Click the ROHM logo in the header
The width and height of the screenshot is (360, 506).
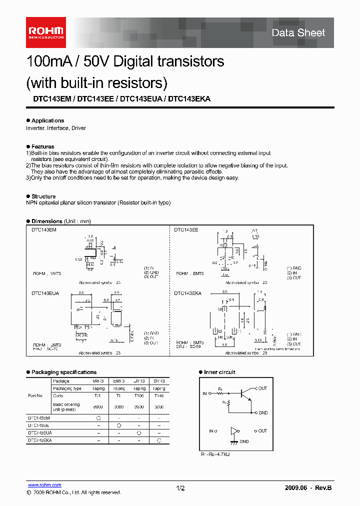45,32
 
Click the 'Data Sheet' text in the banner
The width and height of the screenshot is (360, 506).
298,33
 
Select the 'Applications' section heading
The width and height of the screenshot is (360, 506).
47,120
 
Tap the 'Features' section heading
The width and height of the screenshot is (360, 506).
42,146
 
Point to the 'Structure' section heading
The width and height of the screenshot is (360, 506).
43,196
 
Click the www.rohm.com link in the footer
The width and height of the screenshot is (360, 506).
44,485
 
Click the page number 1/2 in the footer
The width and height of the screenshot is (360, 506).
180,488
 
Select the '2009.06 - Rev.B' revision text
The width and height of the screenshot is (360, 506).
308,488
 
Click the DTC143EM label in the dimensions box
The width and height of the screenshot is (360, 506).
44,229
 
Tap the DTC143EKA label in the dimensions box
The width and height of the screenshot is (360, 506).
187,293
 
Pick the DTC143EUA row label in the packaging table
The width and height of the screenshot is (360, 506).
39,432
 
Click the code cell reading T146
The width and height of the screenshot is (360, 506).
158,395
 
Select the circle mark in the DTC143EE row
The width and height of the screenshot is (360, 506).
119,425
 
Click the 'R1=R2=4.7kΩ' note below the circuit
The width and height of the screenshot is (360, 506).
216,454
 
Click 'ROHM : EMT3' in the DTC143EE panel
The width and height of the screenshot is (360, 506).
190,273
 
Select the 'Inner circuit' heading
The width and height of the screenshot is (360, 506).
219,372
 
